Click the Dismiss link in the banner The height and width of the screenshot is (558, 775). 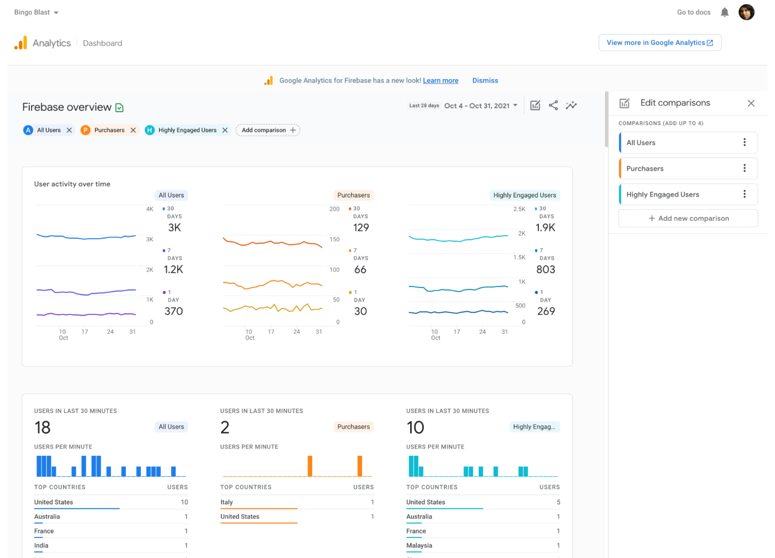coord(485,81)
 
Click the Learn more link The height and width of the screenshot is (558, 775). coord(440,81)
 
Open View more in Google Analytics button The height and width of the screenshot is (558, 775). coord(659,43)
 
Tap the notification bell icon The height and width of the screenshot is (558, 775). coord(724,12)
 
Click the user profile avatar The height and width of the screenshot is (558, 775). coord(746,12)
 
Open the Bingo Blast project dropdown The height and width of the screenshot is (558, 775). coord(36,12)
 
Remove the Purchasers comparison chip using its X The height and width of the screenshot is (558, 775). coord(133,130)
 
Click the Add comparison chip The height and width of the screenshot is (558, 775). coord(268,130)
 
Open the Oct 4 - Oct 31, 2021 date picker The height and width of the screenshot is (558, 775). coord(480,106)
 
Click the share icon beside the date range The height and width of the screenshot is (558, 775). coord(553,105)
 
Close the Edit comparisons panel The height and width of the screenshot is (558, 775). coord(751,103)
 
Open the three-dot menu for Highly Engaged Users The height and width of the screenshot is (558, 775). coord(744,194)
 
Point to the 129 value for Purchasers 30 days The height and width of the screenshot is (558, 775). coord(361,227)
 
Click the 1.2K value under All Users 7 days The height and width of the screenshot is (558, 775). coord(173,269)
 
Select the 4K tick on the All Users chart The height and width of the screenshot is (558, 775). coord(150,209)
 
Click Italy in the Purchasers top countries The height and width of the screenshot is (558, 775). coord(226,502)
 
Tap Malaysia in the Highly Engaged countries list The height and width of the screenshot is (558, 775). coord(419,546)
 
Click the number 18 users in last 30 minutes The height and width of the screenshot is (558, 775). coord(42,428)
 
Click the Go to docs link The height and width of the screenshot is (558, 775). coord(693,12)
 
